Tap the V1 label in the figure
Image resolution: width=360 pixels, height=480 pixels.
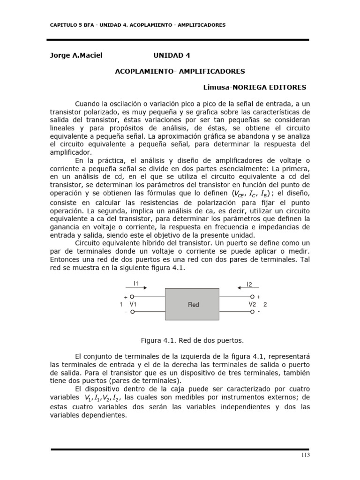(x=133, y=304)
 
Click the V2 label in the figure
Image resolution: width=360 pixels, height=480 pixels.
(x=252, y=304)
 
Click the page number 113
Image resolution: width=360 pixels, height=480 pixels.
(x=305, y=455)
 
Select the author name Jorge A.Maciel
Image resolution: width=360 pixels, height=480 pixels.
(x=76, y=55)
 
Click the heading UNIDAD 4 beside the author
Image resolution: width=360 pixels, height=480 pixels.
(x=172, y=55)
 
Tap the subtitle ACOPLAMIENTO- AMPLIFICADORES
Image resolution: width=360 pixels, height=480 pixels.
(x=180, y=71)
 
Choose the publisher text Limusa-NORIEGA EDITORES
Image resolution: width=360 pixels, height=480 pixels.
(x=255, y=87)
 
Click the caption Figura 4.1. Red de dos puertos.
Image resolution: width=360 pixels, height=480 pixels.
(x=193, y=339)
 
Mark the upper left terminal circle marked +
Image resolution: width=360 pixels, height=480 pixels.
(x=132, y=297)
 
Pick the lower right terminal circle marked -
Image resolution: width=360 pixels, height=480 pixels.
(x=253, y=312)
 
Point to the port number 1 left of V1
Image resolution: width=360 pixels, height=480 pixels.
(x=121, y=305)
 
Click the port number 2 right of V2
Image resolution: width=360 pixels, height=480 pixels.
(x=265, y=305)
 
